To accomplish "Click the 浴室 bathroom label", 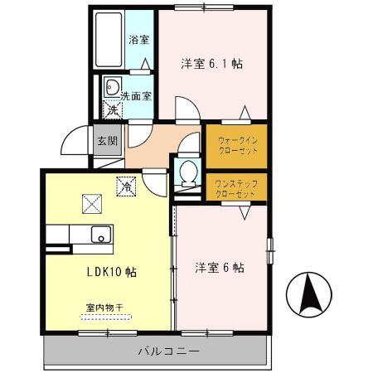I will click(138, 39).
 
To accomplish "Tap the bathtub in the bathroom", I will click(109, 41).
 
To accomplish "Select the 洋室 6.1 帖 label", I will click(211, 63).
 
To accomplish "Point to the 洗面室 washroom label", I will click(136, 95).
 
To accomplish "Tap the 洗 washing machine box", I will click(111, 109).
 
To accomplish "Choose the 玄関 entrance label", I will click(108, 141).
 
